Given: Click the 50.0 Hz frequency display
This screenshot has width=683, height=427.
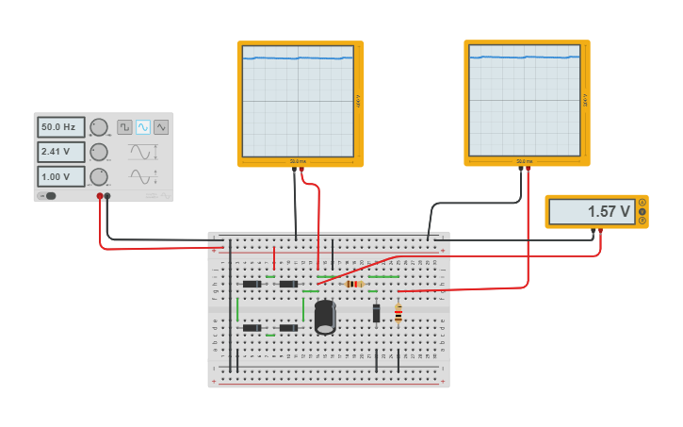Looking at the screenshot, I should coord(60,127).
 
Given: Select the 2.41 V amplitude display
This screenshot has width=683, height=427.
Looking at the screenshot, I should coord(60,152).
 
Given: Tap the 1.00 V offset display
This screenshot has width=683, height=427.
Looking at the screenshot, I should coord(60,176).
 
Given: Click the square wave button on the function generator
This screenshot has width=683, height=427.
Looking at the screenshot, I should coord(124,127).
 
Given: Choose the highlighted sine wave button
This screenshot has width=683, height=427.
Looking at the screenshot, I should coord(142,127).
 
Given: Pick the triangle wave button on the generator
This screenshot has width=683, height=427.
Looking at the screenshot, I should coord(161,127).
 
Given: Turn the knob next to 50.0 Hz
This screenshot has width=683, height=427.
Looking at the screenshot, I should coord(99,127).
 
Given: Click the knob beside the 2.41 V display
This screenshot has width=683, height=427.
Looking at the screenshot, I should coord(99,152).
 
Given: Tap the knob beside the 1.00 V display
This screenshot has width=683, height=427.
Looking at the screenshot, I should coord(99,176).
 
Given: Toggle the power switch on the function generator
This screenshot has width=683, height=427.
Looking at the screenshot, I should coord(47,196).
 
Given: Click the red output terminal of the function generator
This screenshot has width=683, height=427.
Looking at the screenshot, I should coord(100,196).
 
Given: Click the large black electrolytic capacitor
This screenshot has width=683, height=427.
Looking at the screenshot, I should coord(325,316).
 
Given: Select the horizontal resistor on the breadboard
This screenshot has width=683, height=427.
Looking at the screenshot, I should coord(354,284).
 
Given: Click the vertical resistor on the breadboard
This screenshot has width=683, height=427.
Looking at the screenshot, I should coord(398,314).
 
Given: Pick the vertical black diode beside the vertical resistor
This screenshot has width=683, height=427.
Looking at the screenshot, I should coord(376,313).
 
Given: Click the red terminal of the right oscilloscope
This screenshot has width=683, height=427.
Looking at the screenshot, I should coord(528,170).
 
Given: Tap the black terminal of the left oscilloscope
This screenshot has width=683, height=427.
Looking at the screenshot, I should coord(294,171).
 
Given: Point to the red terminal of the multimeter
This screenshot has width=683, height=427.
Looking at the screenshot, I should coord(600,230).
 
